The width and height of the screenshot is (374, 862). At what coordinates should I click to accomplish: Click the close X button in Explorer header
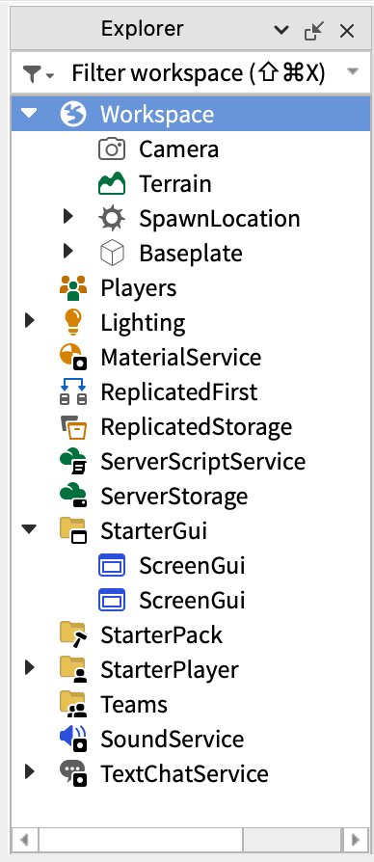[x=347, y=31]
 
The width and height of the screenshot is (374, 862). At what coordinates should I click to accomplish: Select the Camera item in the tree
[x=178, y=149]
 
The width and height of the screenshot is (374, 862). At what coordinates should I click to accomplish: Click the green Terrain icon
[x=112, y=183]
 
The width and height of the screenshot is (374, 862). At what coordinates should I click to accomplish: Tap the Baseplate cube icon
[x=112, y=254]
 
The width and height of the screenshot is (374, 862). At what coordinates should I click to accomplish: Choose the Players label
[x=139, y=288]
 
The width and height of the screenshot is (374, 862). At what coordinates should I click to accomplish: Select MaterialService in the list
[x=180, y=358]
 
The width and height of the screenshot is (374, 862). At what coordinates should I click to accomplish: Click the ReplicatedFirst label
[x=178, y=392]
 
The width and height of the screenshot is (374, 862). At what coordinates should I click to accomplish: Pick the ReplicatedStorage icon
[x=73, y=427]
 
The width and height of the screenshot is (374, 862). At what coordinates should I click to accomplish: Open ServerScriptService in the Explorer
[x=202, y=461]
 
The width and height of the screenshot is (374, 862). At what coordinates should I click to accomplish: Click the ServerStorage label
[x=174, y=497]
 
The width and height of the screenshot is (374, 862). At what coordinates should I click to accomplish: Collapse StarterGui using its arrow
[x=30, y=529]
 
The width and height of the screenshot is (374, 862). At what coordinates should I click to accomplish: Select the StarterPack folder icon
[x=73, y=634]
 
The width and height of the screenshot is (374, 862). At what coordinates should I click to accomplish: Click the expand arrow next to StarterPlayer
[x=30, y=667]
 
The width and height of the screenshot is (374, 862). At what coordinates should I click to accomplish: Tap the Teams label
[x=133, y=704]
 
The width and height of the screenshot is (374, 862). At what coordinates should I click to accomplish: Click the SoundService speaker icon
[x=73, y=739]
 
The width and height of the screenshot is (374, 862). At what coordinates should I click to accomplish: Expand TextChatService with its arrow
[x=30, y=771]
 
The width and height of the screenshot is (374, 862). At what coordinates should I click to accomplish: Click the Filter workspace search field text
[x=199, y=73]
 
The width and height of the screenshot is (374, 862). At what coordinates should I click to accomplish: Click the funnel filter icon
[x=33, y=73]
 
